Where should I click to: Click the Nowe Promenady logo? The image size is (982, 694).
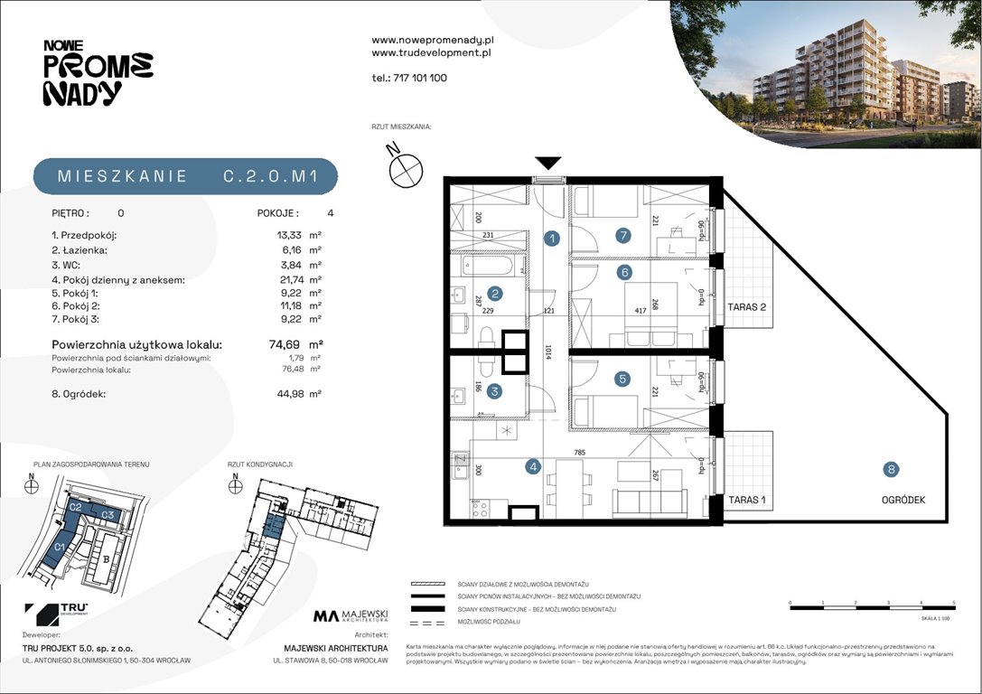coord(98,71)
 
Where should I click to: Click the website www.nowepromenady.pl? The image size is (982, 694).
coord(432,41)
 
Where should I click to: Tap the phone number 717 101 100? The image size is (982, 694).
coord(420,78)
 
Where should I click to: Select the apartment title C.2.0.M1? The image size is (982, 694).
coord(270,177)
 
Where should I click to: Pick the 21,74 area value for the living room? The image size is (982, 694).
coord(290,280)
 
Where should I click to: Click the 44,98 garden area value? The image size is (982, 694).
coord(290,393)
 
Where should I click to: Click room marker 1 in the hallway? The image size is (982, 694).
coord(551,239)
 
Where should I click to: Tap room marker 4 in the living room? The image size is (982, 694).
coord(534,467)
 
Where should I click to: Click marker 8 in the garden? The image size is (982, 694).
coord(892,469)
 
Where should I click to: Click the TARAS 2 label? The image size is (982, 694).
coord(746,307)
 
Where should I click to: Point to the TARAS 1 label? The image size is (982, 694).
coord(746,500)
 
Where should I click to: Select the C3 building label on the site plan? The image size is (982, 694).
coord(107,515)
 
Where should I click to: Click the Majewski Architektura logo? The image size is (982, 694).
coord(351,617)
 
